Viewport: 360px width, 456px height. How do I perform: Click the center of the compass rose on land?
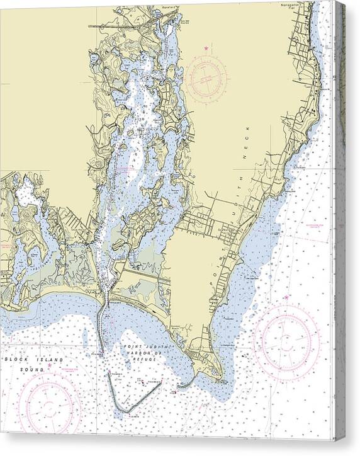coord(208,77)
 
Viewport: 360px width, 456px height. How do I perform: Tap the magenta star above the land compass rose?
coord(206,48)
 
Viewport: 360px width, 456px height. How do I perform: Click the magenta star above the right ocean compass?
coord(286,297)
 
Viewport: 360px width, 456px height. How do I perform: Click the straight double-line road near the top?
coord(120,26)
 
